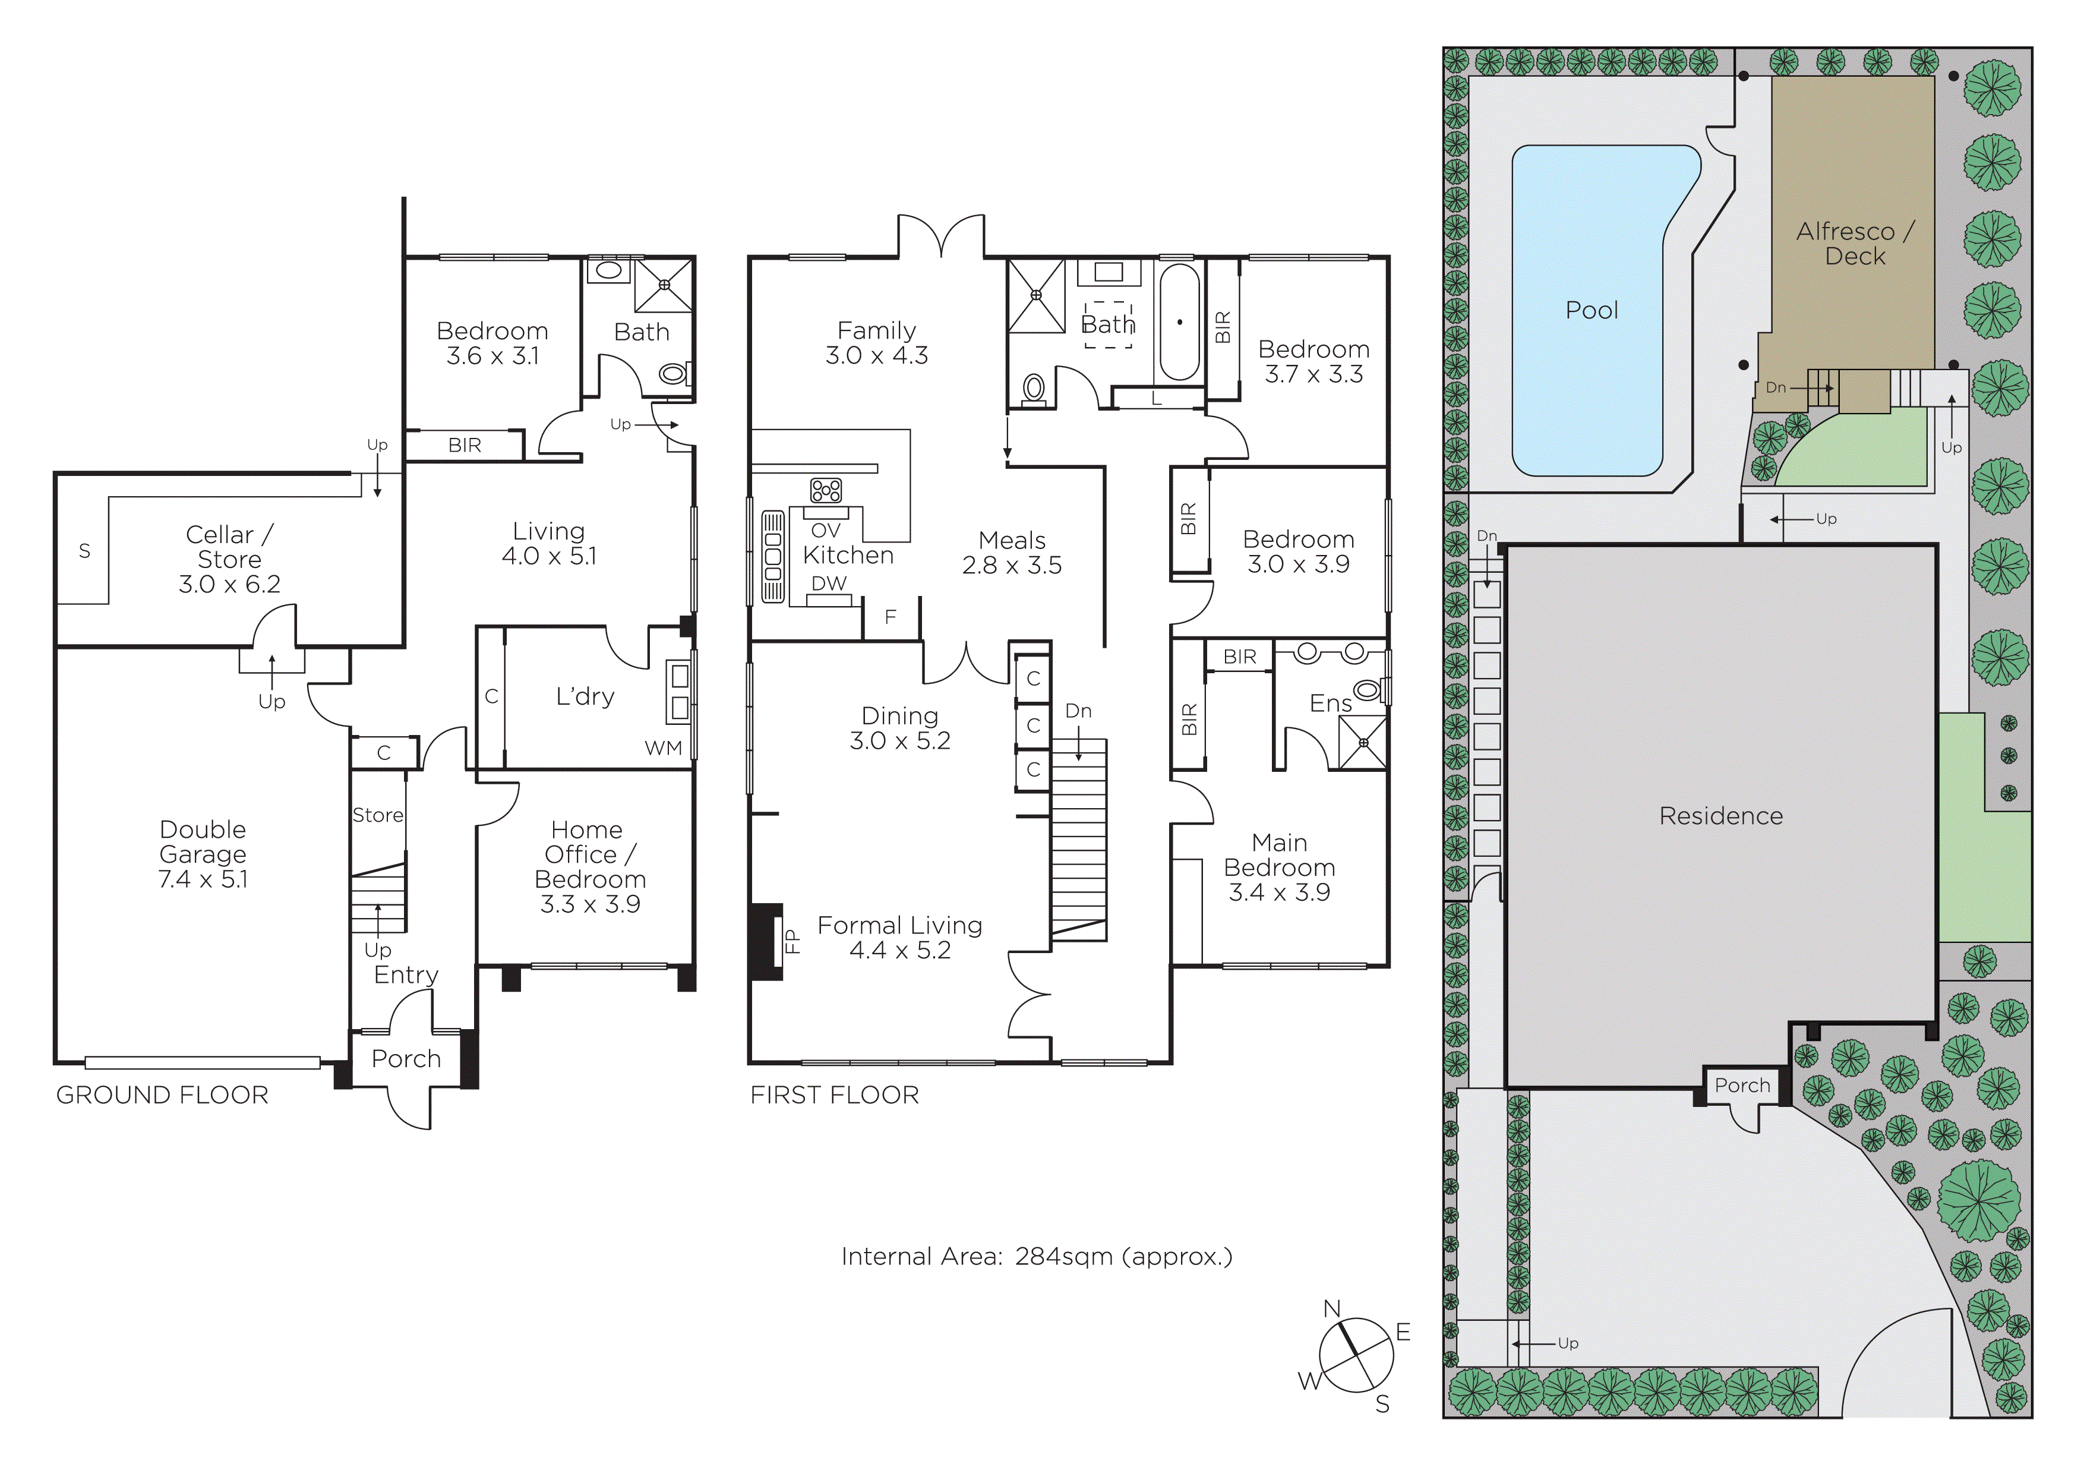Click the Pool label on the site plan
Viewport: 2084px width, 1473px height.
(x=1592, y=310)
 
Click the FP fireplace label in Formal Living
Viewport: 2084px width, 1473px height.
(x=791, y=941)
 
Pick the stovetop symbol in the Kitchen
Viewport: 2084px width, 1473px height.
(x=826, y=491)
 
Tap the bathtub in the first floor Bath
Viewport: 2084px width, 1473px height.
(x=1180, y=322)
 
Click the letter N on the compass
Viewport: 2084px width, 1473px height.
(x=1331, y=1309)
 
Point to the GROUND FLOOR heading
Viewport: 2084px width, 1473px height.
(x=162, y=1096)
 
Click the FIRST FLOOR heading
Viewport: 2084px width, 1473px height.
(x=834, y=1096)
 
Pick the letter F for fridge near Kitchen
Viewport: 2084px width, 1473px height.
(x=891, y=617)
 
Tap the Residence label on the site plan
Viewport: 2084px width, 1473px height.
(x=1721, y=816)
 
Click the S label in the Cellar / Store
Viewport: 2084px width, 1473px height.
(x=84, y=551)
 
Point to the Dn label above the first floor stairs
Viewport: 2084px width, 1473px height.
(x=1078, y=711)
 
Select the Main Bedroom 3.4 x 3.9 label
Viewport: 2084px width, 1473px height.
(x=1280, y=868)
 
